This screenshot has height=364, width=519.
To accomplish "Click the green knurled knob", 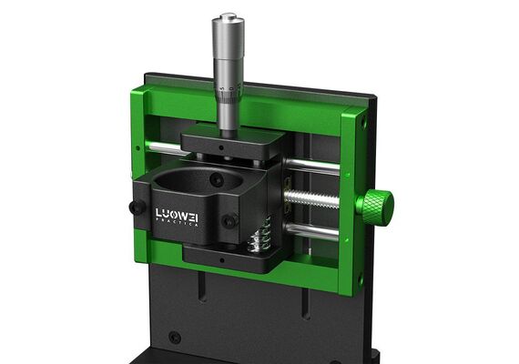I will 374,207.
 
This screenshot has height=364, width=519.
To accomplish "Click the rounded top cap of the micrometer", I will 227,19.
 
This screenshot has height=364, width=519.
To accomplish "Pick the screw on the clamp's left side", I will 137,207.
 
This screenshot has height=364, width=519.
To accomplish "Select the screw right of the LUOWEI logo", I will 231,220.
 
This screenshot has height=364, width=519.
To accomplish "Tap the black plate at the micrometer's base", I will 233,143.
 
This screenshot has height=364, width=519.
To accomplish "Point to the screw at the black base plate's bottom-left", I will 174,338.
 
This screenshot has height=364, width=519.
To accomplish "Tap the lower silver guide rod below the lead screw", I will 315,232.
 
